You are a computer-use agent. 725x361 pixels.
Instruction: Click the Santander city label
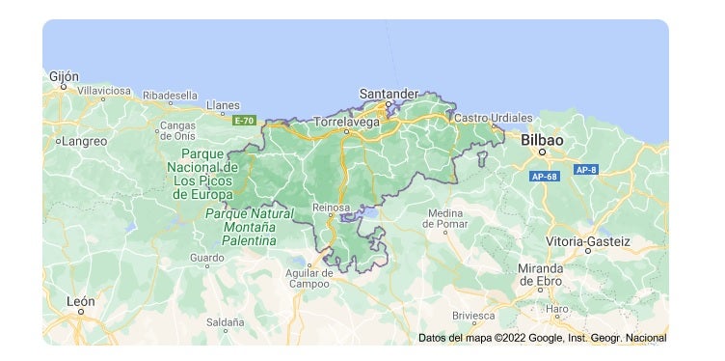point(389,93)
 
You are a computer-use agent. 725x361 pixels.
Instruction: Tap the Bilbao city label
point(542,140)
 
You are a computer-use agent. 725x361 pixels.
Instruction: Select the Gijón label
point(64,76)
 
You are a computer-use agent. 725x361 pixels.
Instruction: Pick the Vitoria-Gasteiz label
point(588,239)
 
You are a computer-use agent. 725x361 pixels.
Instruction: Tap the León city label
point(81,301)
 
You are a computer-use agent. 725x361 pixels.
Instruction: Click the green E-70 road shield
point(245,121)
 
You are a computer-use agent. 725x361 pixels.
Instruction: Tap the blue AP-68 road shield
point(545,177)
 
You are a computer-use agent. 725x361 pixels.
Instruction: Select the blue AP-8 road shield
point(586,170)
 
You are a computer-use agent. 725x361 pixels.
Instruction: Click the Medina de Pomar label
point(445,219)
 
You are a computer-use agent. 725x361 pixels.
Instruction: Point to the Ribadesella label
point(170,96)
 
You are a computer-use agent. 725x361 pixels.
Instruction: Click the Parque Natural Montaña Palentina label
point(250,224)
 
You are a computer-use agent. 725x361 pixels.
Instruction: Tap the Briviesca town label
point(474,316)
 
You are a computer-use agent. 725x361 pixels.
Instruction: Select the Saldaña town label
point(225,321)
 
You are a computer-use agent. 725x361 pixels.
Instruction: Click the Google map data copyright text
point(542,338)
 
